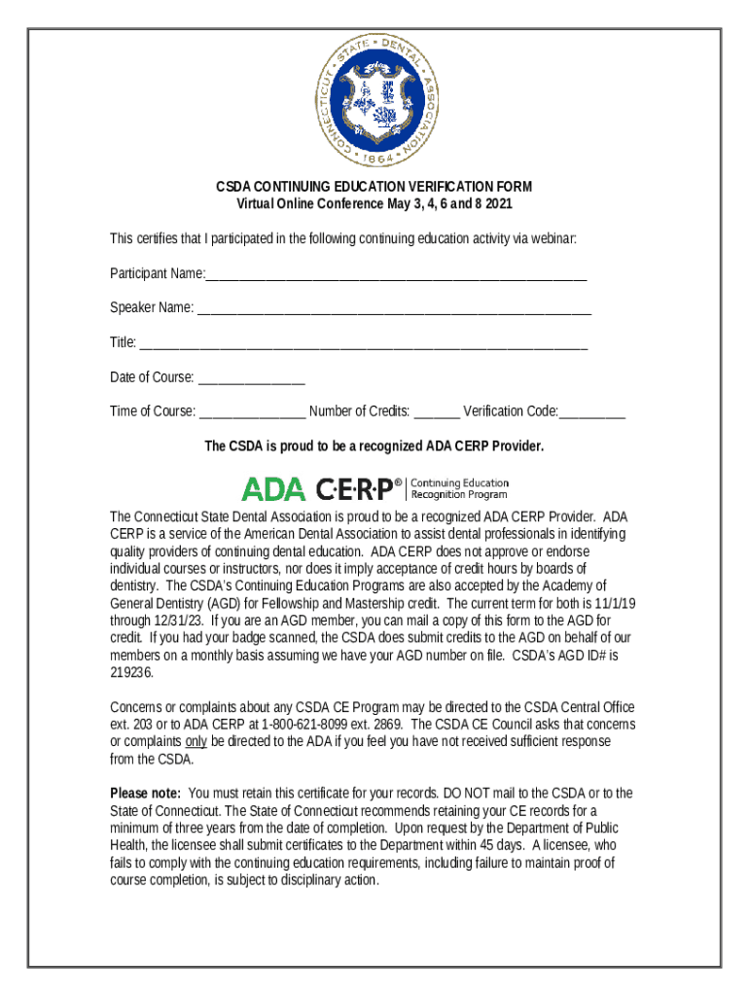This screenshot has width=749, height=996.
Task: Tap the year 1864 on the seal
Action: [374, 157]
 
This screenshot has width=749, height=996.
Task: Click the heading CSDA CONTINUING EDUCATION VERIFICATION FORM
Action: [374, 187]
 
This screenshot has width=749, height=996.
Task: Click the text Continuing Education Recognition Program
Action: [460, 488]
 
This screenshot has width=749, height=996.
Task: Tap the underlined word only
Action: [196, 742]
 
